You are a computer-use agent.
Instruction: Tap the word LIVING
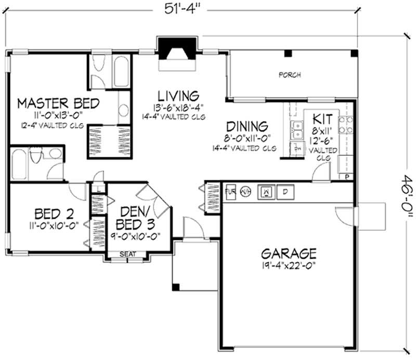(178, 96)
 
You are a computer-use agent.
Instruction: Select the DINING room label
(247, 127)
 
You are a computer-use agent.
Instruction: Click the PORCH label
(290, 75)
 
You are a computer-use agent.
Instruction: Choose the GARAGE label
(289, 254)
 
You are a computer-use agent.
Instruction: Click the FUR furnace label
(230, 192)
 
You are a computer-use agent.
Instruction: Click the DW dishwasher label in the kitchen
(298, 148)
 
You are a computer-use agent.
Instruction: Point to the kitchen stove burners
(346, 125)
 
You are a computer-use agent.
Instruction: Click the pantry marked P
(347, 177)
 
